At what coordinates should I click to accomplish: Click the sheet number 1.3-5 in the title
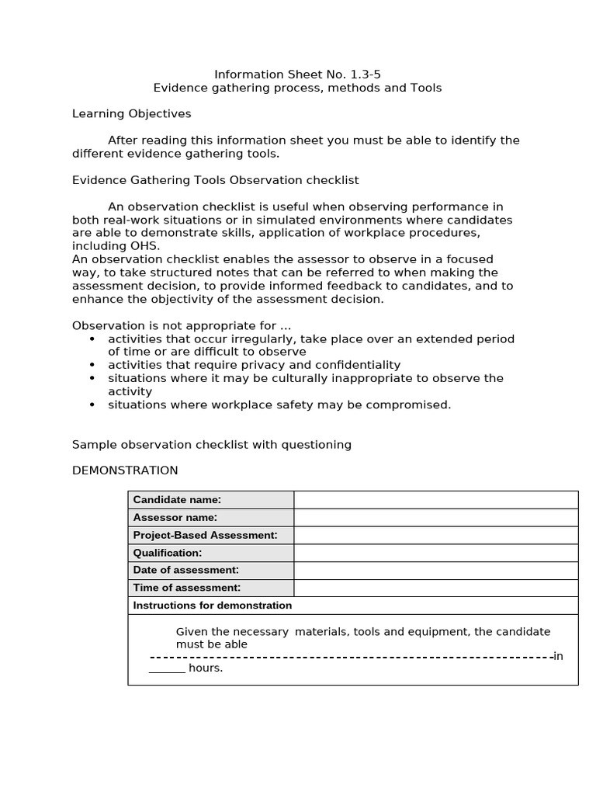(364, 75)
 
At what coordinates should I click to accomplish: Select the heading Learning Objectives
(131, 113)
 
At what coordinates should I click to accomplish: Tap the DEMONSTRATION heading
(125, 470)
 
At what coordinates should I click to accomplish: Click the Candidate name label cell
(210, 500)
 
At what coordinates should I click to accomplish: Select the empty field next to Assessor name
(435, 518)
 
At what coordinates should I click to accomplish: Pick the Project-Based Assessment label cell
(210, 535)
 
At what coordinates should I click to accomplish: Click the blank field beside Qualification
(435, 553)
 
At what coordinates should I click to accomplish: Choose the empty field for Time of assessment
(435, 588)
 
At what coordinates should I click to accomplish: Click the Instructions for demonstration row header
(213, 606)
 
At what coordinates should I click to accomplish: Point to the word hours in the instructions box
(205, 668)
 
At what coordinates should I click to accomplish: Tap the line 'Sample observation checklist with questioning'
(212, 445)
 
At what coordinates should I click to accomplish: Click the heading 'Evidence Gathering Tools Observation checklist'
(215, 180)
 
